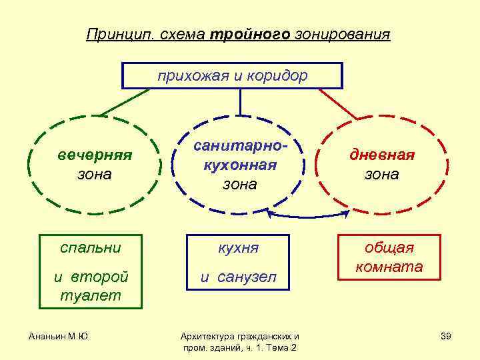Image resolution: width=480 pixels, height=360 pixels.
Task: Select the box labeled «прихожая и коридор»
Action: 232,75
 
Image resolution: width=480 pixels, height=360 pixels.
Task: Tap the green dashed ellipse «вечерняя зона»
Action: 94,165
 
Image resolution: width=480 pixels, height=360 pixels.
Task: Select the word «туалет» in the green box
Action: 91,295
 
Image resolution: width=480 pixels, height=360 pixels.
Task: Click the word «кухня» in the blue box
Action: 239,248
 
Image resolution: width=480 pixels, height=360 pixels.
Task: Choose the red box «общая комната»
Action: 389,257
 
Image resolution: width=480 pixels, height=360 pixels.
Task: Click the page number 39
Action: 446,335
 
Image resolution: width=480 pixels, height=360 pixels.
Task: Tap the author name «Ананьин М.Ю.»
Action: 59,335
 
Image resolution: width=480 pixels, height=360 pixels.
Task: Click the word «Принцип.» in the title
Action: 119,34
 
